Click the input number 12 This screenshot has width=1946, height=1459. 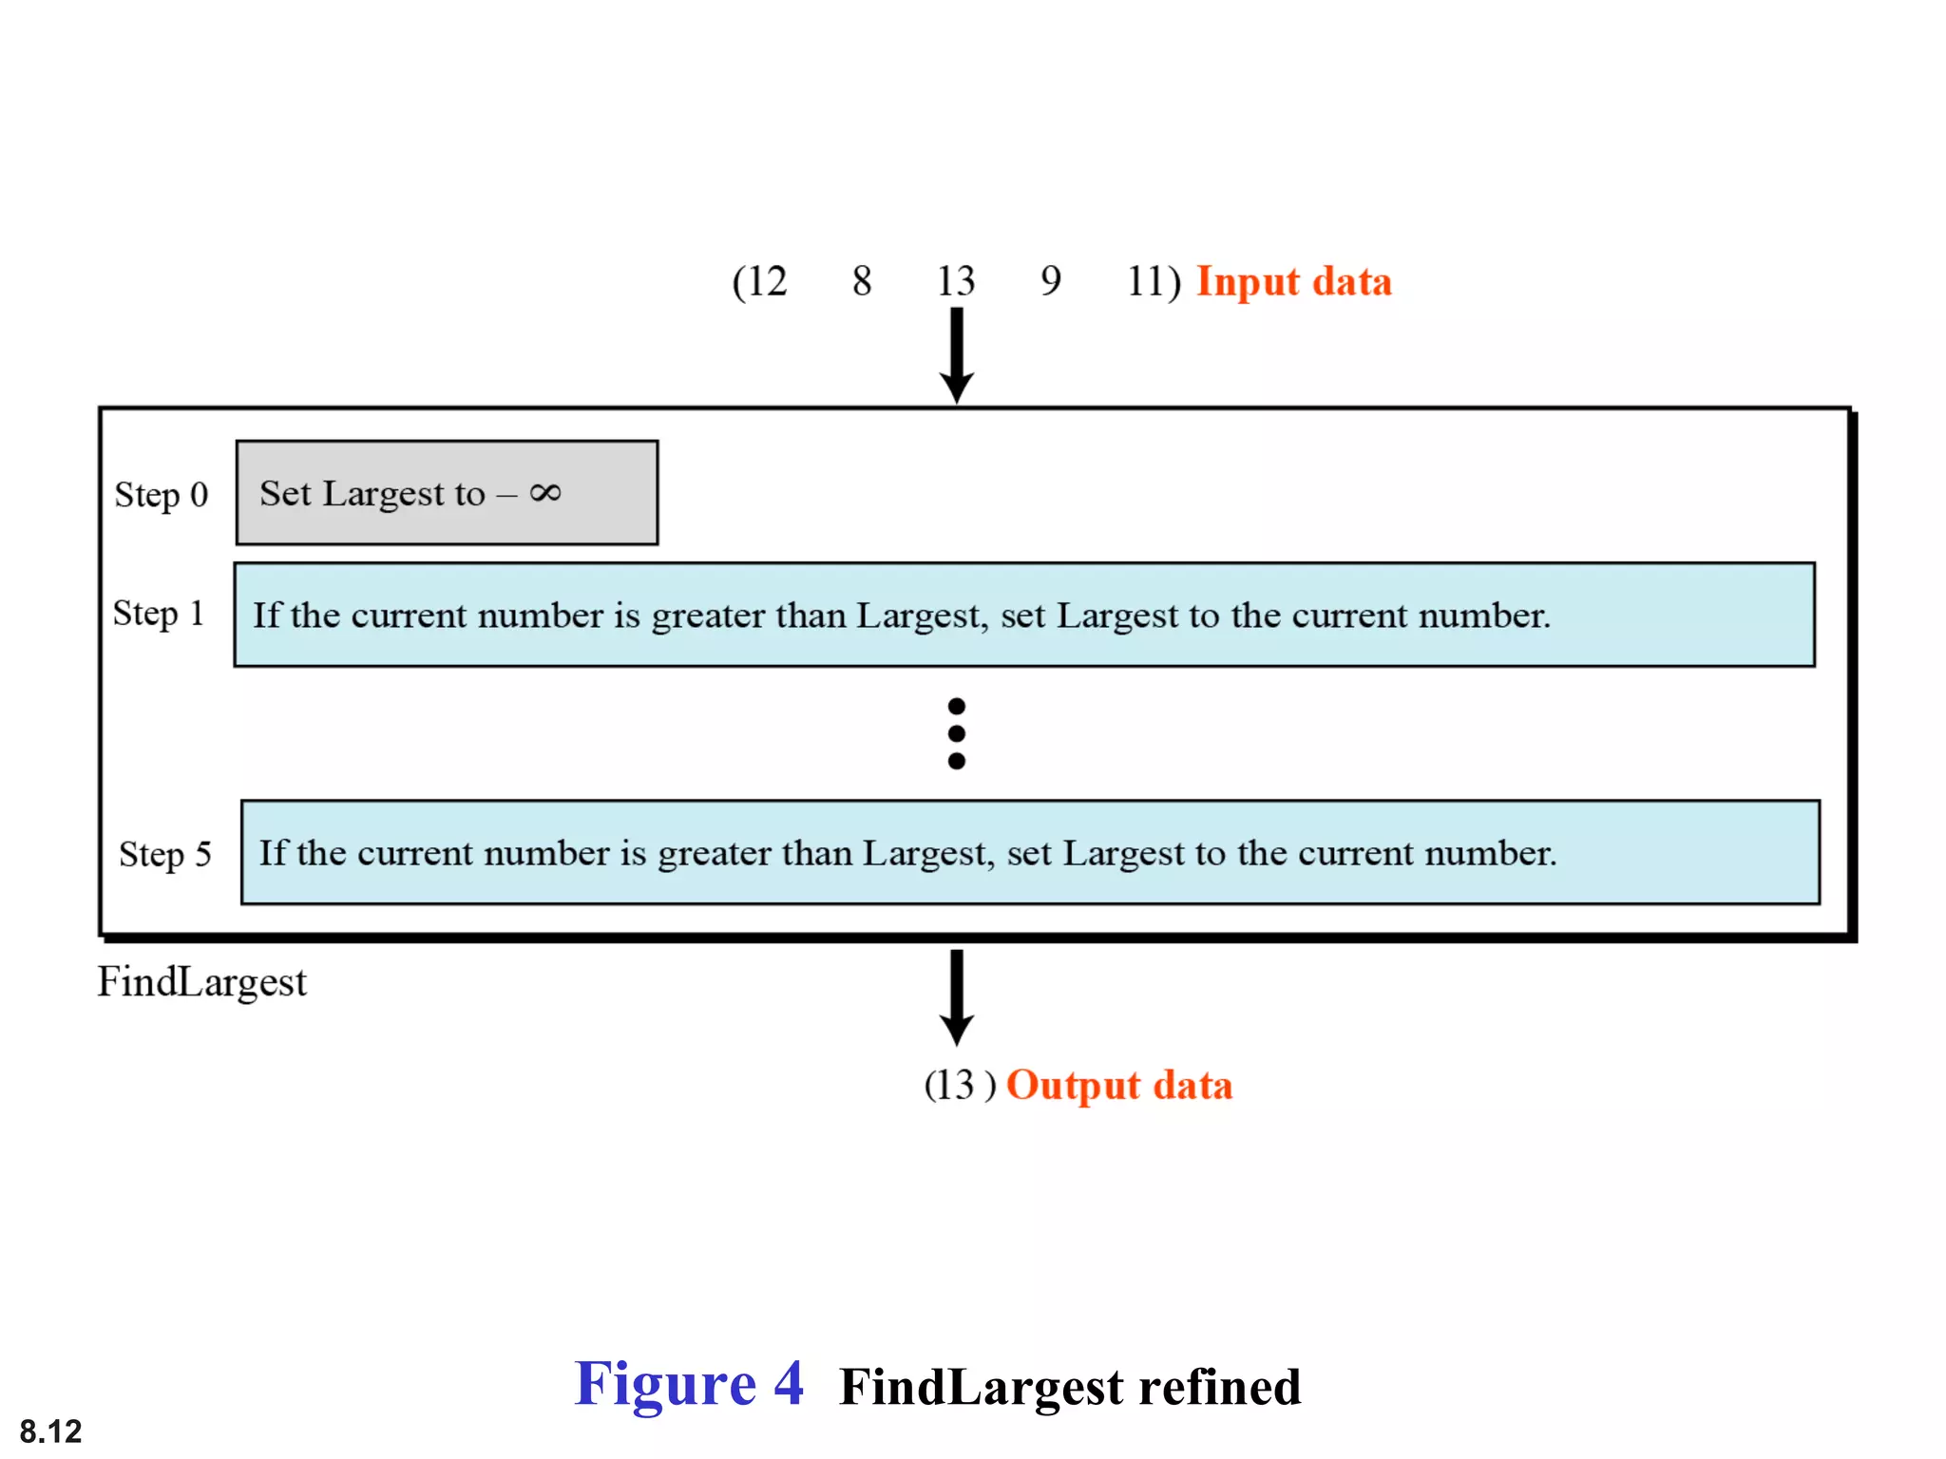766,281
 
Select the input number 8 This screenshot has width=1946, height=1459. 862,281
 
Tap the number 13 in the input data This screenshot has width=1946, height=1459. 956,281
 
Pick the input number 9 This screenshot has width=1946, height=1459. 1050,281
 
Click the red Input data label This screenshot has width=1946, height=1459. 1293,282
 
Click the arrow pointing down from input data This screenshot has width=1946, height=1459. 957,355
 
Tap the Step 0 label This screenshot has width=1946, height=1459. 162,495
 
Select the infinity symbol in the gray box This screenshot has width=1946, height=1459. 545,492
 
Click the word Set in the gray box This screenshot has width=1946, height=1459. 285,494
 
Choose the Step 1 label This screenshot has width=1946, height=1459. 159,614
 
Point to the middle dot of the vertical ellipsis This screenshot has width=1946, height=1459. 957,733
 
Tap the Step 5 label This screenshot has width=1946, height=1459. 164,854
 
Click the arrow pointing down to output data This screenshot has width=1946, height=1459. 957,997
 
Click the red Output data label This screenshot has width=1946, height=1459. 1119,1086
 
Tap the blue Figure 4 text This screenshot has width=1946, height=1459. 689,1384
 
